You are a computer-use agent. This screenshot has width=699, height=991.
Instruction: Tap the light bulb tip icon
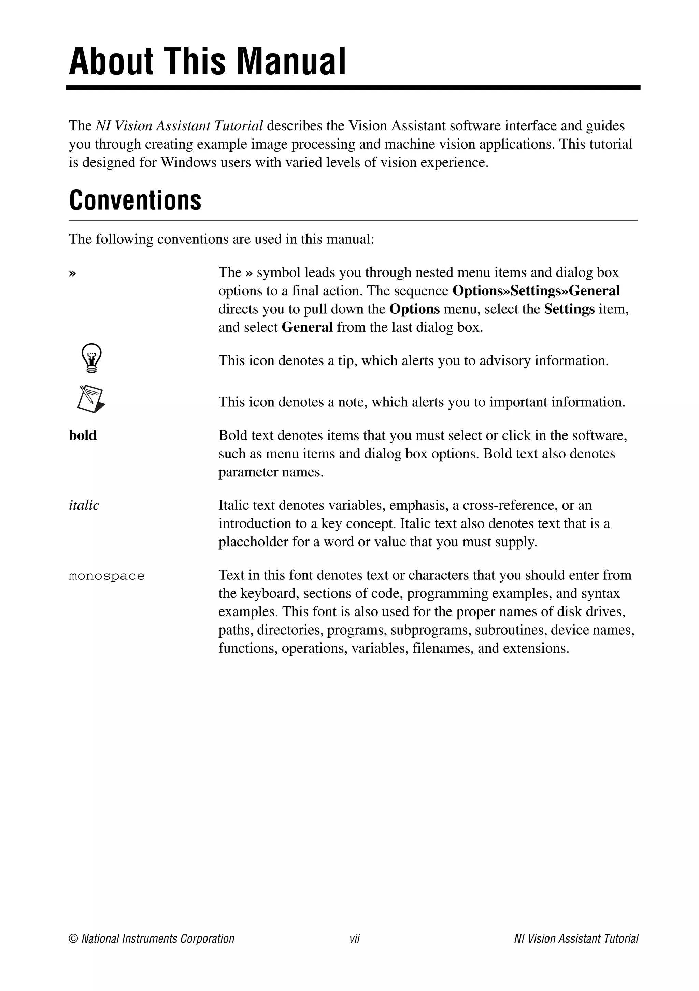[x=91, y=358]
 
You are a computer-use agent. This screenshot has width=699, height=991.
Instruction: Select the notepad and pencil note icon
[x=91, y=399]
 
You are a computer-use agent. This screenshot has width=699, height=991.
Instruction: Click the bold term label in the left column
[x=83, y=435]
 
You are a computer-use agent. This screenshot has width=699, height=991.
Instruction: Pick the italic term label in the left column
[x=84, y=505]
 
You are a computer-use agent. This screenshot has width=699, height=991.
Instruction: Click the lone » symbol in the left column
[x=72, y=273]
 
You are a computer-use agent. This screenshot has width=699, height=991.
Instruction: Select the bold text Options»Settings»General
[x=536, y=291]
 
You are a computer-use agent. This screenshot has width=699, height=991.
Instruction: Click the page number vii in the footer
[x=354, y=939]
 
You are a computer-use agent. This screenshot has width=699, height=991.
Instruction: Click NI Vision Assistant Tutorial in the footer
[x=575, y=939]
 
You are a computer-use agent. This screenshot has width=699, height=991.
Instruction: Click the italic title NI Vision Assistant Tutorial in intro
[x=179, y=125]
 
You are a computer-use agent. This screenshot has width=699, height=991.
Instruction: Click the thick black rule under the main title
[x=353, y=88]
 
